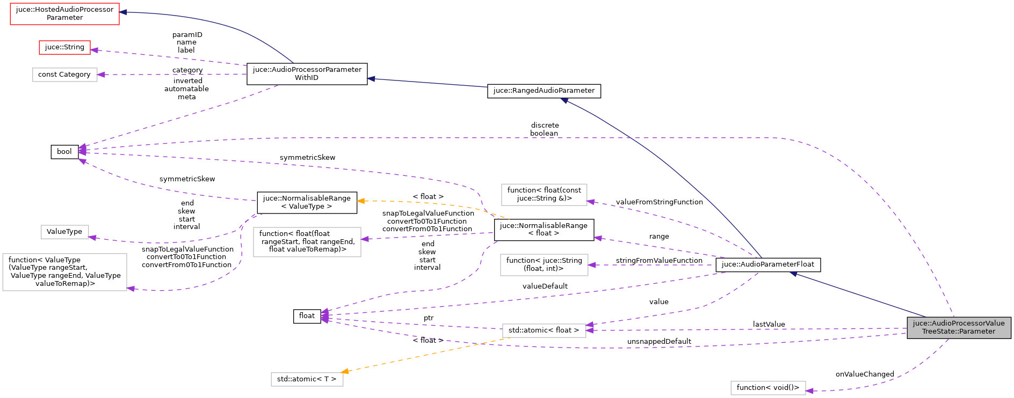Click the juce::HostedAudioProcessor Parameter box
tap(64, 13)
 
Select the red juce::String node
tap(64, 47)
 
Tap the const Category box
tap(64, 75)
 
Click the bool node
tap(64, 152)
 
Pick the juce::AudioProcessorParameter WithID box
tap(307, 73)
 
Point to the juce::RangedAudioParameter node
tap(544, 91)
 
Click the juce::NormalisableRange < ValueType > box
tap(307, 202)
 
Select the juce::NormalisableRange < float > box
tap(544, 229)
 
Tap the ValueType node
tap(64, 232)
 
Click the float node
tap(307, 316)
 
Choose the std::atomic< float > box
tap(544, 330)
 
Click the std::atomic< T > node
tap(307, 379)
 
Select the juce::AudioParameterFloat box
tap(767, 264)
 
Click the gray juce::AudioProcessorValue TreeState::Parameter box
tap(959, 327)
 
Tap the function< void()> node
tap(767, 387)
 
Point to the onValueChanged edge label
tap(865, 374)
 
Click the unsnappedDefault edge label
tap(659, 342)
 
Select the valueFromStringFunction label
tap(659, 202)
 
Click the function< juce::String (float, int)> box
tap(544, 264)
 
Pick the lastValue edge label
tap(769, 325)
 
